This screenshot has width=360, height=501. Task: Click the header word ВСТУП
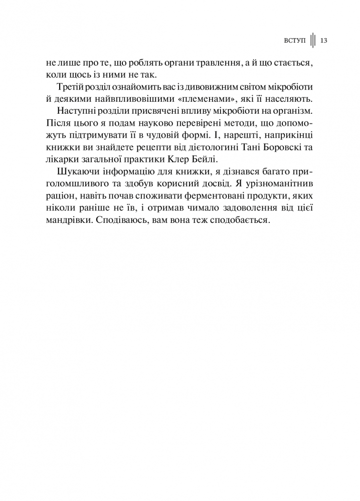(294, 41)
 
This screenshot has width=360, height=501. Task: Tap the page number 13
(323, 41)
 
